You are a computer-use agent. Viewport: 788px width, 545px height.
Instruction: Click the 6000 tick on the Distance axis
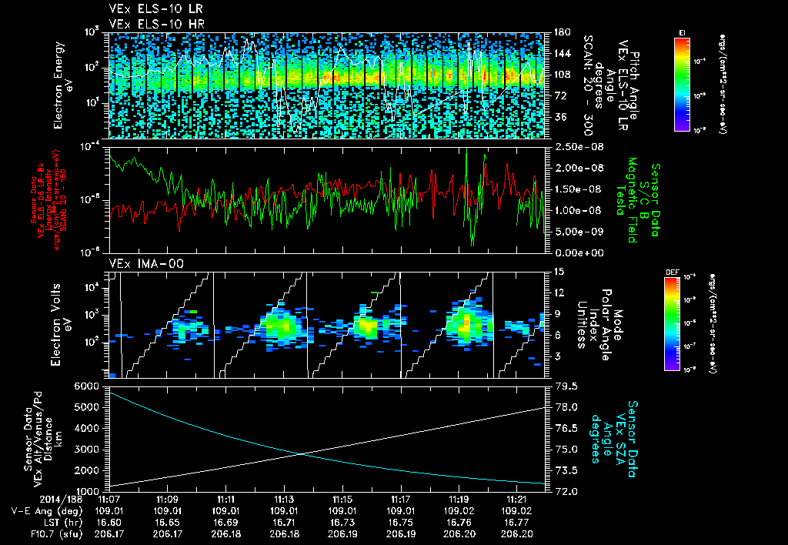tap(87, 385)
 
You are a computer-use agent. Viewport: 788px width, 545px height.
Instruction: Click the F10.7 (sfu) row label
tap(29, 533)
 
